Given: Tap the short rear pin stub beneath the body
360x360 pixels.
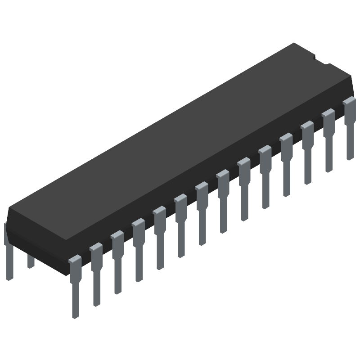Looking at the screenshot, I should (x=31, y=261).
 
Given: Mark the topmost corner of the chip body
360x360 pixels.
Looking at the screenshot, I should (x=295, y=43).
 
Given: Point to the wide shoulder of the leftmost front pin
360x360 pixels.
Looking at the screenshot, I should (x=75, y=265).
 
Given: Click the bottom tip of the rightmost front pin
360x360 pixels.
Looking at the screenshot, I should (x=350, y=158).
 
